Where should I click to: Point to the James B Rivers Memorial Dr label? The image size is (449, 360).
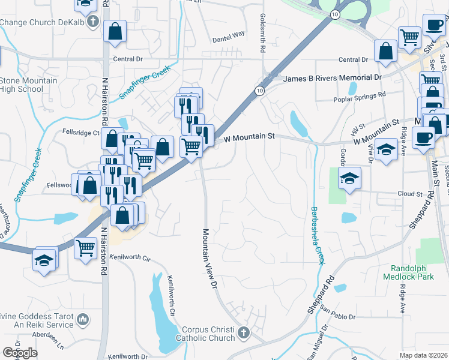point(332,78)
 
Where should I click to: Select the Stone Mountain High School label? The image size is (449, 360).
point(28,85)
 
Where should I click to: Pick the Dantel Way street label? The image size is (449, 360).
point(229,35)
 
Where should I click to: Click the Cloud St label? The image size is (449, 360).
point(411,194)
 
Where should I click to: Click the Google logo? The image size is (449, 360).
point(20,353)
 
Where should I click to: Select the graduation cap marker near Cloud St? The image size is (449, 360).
point(349,178)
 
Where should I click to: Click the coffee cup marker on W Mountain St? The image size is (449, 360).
point(423,137)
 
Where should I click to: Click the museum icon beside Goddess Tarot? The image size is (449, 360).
point(83,318)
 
